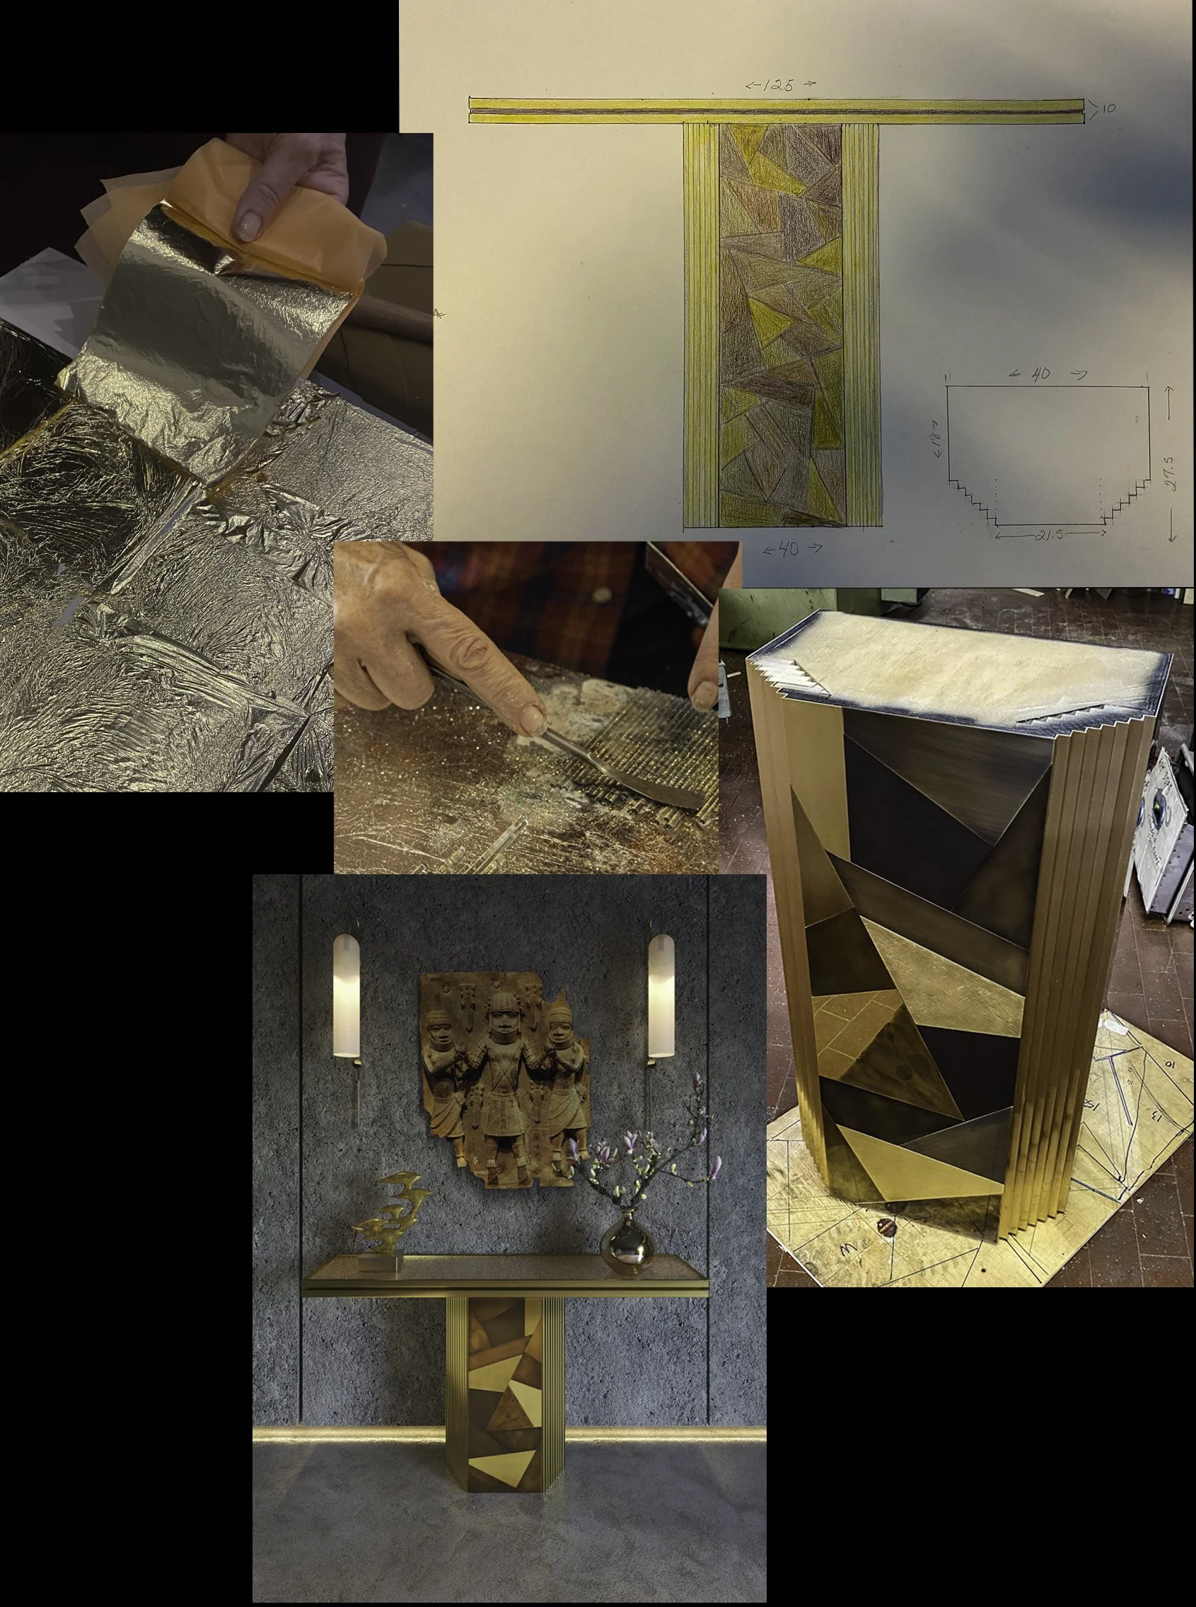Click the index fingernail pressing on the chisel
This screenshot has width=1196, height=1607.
tap(532, 719)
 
